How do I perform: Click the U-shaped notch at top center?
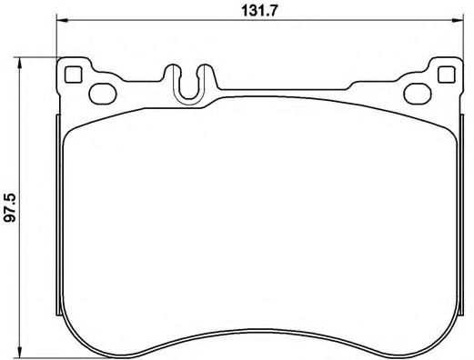click(x=190, y=85)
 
